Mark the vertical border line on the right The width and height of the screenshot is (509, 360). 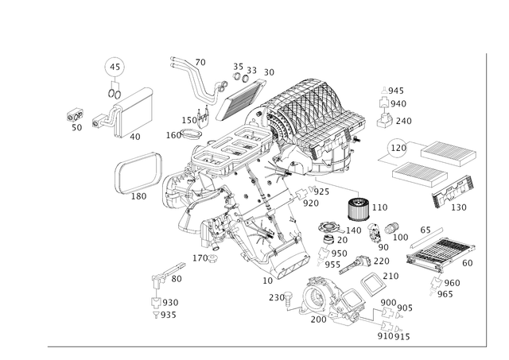[484, 199]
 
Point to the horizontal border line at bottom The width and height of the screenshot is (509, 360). [262, 345]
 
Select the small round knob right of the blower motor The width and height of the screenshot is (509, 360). [391, 230]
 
